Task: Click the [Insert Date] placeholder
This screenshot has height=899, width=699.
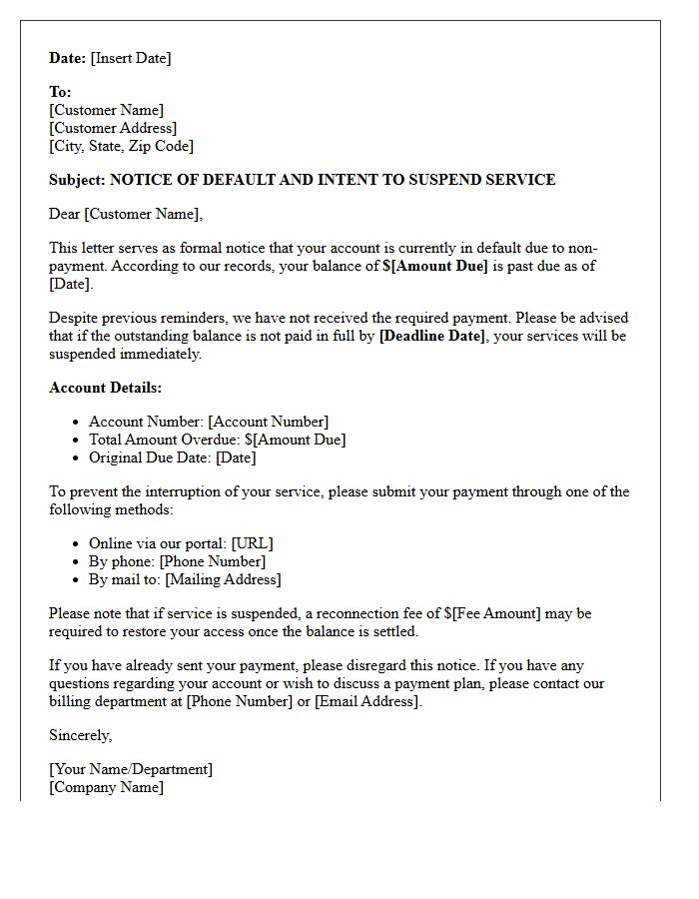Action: pos(131,58)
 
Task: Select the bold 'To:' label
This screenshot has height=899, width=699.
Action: pos(60,92)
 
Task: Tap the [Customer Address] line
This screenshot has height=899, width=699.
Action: pos(113,128)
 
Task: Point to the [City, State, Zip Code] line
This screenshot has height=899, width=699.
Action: pos(121,146)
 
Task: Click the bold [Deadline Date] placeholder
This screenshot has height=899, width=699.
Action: pos(431,336)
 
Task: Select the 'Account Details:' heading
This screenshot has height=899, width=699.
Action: pos(105,388)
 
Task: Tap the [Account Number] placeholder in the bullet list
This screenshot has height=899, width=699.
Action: pos(268,422)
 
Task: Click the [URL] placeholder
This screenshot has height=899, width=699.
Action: pos(252,543)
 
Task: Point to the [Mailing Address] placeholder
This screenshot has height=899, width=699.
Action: pos(223,579)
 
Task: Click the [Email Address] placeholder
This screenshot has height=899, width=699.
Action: pos(367,701)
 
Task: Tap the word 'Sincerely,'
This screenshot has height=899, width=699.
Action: pos(81,735)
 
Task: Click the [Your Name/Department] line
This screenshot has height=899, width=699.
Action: pos(131,769)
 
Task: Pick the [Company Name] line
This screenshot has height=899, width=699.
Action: pos(106,787)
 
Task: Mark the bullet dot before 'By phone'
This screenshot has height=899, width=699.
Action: pos(76,561)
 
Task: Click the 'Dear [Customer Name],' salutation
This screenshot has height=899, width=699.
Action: pos(126,214)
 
